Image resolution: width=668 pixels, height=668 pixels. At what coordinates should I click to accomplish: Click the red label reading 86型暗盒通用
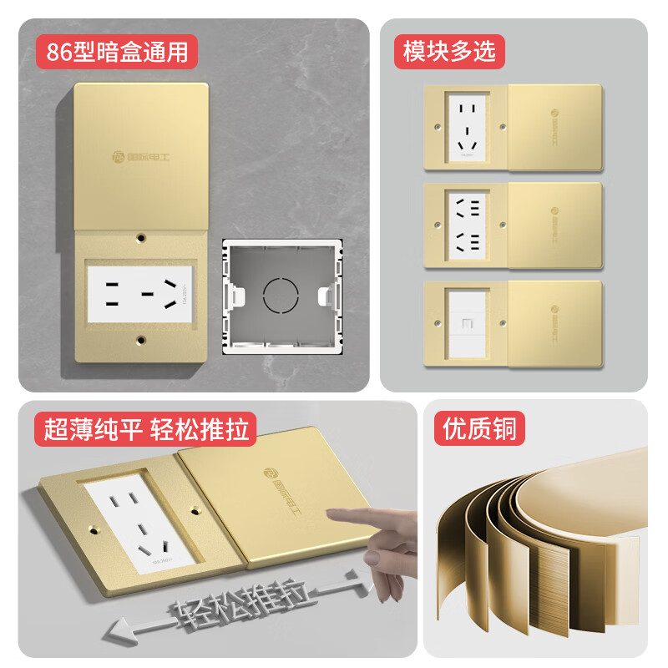117,51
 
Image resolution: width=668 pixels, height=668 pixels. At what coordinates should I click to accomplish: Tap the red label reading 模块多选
449,51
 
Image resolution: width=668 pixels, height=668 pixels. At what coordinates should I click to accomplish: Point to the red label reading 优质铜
479,431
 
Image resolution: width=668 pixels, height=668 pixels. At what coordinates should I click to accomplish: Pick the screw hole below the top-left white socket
142,340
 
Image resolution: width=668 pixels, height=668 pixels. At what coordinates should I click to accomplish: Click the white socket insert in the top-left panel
140,291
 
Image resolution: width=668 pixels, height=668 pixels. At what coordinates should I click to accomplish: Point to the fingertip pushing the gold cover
331,514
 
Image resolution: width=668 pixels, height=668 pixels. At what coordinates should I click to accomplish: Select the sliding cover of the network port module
554,322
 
